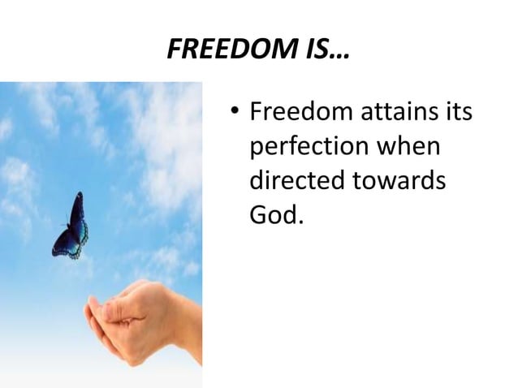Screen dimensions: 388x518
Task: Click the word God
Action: point(272,216)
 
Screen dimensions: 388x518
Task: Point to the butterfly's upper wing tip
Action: point(79,196)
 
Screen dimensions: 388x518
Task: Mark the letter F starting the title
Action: point(174,50)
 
